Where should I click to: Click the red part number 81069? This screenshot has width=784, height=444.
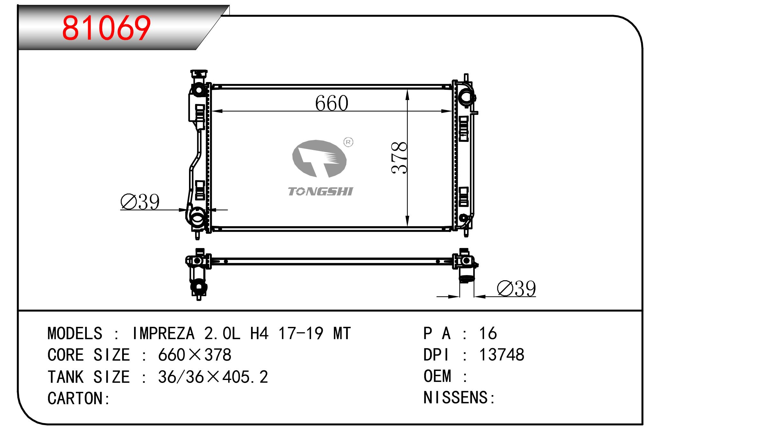tap(106, 28)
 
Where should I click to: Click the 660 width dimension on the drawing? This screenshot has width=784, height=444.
tap(331, 103)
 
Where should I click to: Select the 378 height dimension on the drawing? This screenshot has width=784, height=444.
tap(399, 158)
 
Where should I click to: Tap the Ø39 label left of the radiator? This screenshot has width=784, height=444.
tap(140, 202)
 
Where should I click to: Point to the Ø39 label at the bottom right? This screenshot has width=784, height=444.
tap(516, 288)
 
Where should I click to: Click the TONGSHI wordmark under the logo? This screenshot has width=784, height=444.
tap(320, 191)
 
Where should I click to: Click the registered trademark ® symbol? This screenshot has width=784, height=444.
tap(348, 142)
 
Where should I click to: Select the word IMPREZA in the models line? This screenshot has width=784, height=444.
tap(163, 333)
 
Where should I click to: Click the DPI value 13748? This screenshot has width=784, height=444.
tap(501, 355)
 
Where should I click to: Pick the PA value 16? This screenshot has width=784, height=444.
tap(488, 333)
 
